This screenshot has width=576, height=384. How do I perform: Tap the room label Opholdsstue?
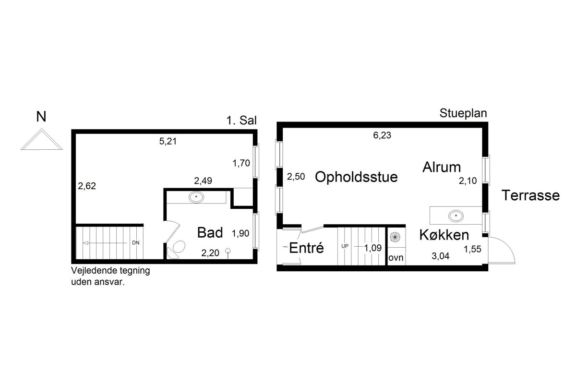point(356,177)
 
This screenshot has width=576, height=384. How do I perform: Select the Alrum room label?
point(442,167)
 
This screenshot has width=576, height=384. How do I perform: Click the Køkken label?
point(444,235)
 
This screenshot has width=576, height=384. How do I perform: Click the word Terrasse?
point(530,195)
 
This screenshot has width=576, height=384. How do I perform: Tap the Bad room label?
point(210,232)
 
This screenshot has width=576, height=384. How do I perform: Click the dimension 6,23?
point(382,135)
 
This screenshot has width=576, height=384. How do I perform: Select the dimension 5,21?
point(168,141)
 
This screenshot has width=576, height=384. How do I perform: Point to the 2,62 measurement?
point(87,186)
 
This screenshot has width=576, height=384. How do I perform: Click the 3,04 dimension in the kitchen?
point(441,256)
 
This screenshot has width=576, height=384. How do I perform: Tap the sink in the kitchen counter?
point(456,216)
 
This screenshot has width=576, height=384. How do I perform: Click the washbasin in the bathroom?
point(196,197)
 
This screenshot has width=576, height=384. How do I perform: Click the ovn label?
point(396,258)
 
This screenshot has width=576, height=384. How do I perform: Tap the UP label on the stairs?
point(345,246)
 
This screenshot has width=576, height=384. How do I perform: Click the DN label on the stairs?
point(135,242)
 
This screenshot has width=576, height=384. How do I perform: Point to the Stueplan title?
point(463,113)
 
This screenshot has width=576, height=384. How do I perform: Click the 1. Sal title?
point(241,120)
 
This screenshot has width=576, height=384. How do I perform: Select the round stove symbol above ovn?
point(395,237)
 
